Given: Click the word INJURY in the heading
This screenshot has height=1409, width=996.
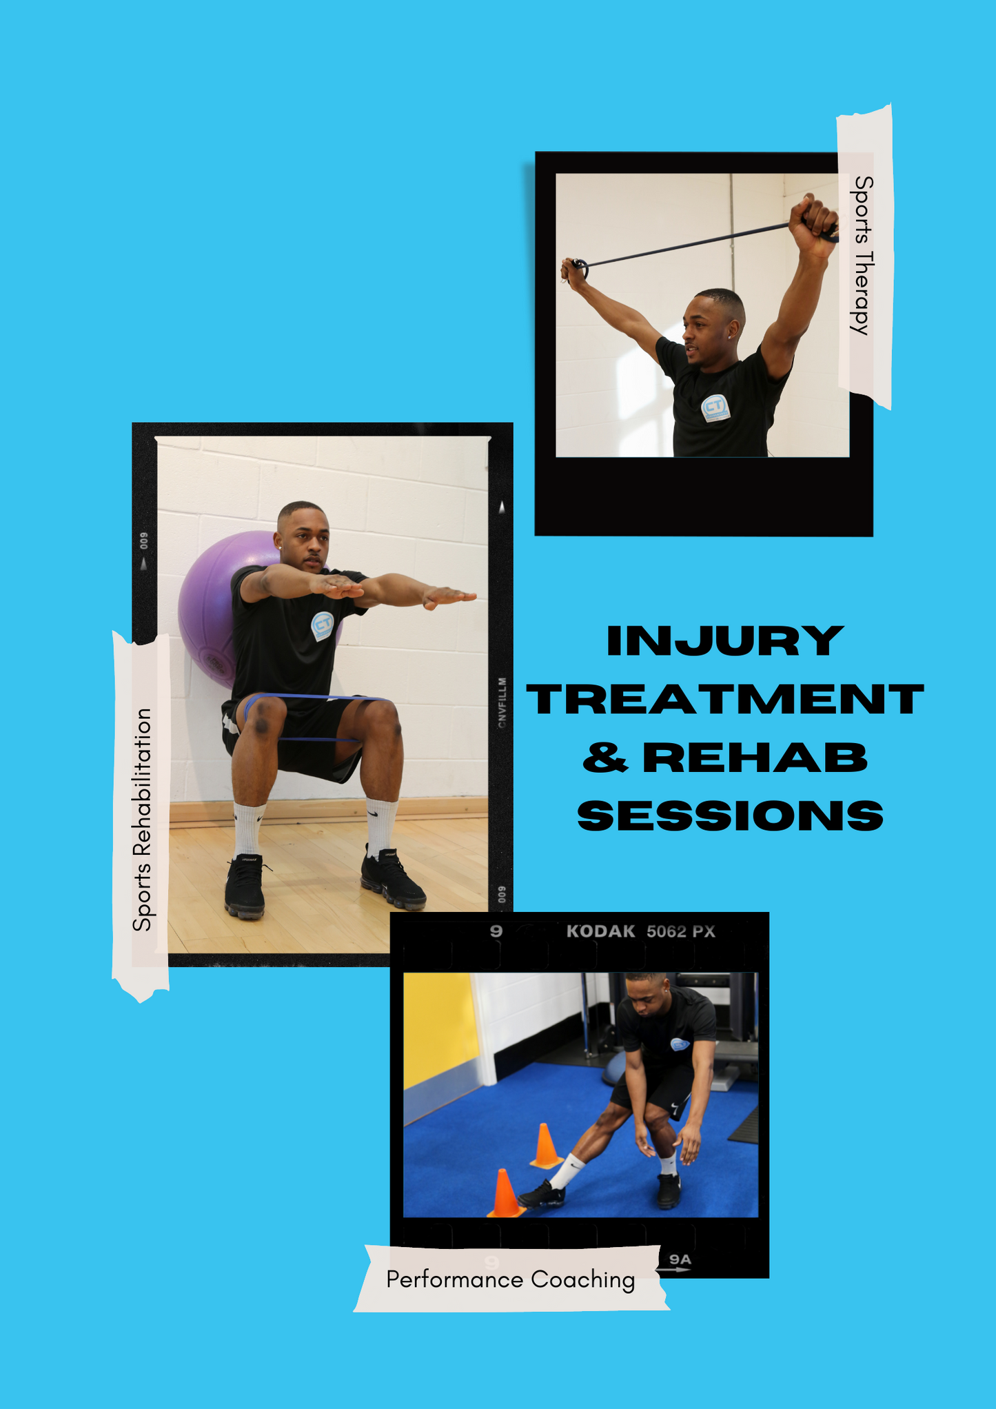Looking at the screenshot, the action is click(x=725, y=640).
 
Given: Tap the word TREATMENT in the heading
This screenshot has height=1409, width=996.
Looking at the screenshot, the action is click(x=725, y=699).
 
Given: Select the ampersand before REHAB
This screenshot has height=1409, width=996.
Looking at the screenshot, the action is click(x=605, y=758).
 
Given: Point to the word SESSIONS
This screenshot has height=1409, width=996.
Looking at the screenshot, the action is click(x=731, y=816).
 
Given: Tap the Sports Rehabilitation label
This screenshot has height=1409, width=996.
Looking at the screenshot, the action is click(x=142, y=820).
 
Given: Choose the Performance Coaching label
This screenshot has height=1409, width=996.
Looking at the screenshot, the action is click(x=511, y=1279).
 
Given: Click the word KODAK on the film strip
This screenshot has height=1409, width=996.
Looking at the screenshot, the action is click(x=600, y=931).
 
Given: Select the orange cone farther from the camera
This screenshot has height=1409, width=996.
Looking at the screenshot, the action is click(x=545, y=1146).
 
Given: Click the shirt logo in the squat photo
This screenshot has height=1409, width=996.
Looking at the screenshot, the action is click(x=323, y=625).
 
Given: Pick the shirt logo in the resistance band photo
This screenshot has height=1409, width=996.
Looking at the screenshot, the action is click(x=715, y=408).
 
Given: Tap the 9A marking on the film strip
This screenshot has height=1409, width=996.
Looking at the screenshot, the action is click(x=680, y=1259).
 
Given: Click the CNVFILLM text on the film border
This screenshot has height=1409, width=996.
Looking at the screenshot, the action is click(x=502, y=702).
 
